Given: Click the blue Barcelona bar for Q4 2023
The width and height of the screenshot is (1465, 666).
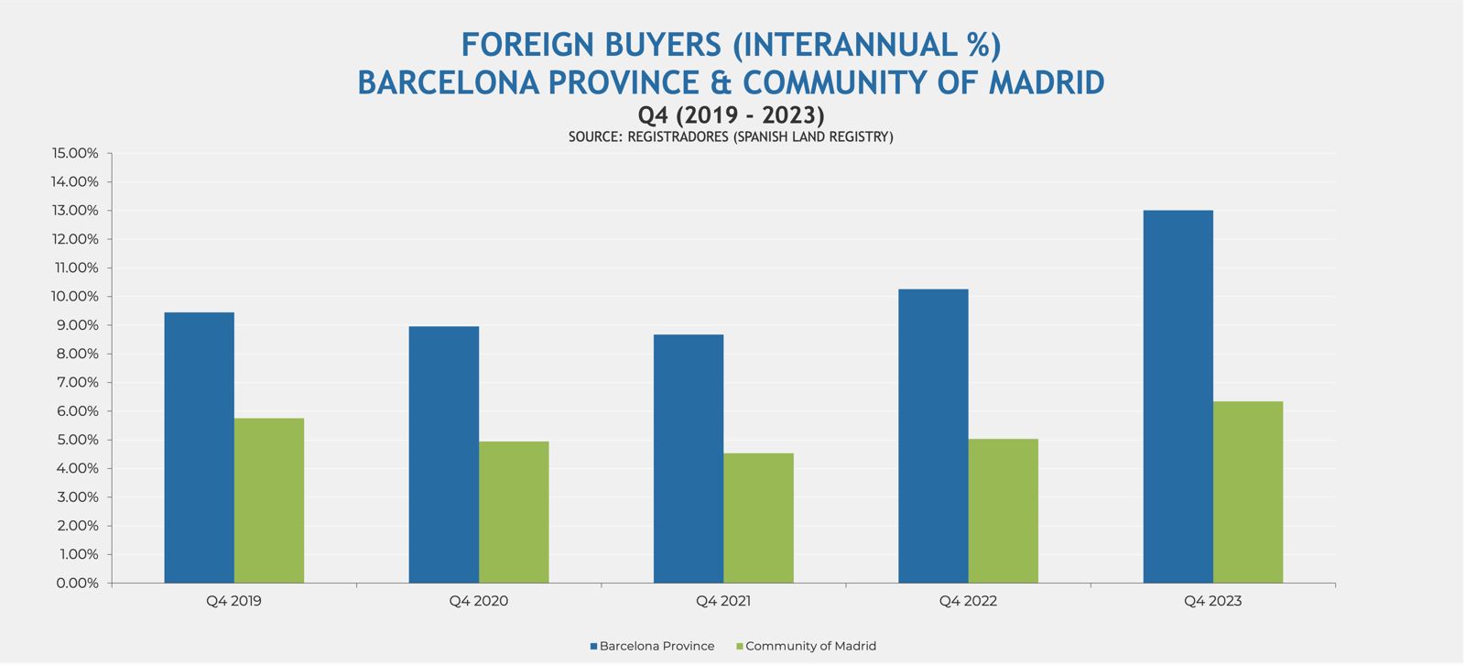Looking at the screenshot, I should click(x=1177, y=397).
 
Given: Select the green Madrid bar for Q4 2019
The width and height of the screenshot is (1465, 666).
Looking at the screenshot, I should click(x=269, y=500).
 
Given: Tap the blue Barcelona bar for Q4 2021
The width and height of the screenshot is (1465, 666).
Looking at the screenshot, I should click(x=689, y=458).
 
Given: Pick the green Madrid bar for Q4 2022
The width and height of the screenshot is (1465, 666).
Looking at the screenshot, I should click(x=1003, y=510).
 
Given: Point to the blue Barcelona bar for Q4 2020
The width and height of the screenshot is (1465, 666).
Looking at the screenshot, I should click(x=443, y=454).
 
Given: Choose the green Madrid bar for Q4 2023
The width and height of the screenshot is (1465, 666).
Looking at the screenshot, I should click(x=1248, y=492).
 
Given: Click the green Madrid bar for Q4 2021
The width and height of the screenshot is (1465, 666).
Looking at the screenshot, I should click(x=758, y=518).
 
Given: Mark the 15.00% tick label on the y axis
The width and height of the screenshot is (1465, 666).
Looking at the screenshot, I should click(x=75, y=153).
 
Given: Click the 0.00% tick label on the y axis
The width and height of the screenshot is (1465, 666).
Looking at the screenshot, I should click(x=78, y=583).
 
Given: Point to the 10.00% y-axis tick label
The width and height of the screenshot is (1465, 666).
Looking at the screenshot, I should click(x=75, y=297).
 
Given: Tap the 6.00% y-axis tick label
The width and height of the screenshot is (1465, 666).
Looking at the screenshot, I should click(x=78, y=411).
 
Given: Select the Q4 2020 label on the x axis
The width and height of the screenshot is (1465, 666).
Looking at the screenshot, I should click(x=478, y=602).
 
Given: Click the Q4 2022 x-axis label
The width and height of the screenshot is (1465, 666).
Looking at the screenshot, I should click(x=968, y=602).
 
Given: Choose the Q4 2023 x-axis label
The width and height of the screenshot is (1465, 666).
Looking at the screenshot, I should click(x=1212, y=602).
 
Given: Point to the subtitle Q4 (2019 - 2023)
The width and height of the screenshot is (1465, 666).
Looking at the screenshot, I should click(x=731, y=115).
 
